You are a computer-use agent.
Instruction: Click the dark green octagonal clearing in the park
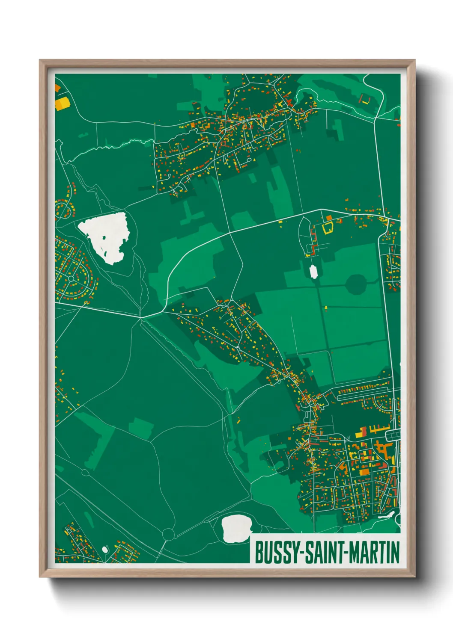(x=356, y=284)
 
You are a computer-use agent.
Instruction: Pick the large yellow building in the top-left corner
(x=62, y=104)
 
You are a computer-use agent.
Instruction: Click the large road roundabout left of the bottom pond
(x=168, y=534)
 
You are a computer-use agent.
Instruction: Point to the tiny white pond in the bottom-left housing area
(x=105, y=549)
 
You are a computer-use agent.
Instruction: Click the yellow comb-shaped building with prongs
(x=378, y=428)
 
